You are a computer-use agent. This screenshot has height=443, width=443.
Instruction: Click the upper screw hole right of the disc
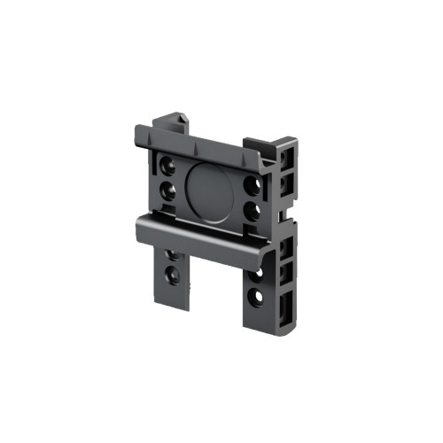point(255,185)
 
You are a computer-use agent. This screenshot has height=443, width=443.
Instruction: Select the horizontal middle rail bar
point(213,237)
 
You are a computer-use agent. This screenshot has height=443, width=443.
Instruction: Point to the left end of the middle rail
point(141,229)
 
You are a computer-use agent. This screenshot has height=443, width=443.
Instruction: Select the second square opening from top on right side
point(285,183)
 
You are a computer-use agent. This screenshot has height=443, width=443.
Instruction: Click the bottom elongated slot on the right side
point(283,310)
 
